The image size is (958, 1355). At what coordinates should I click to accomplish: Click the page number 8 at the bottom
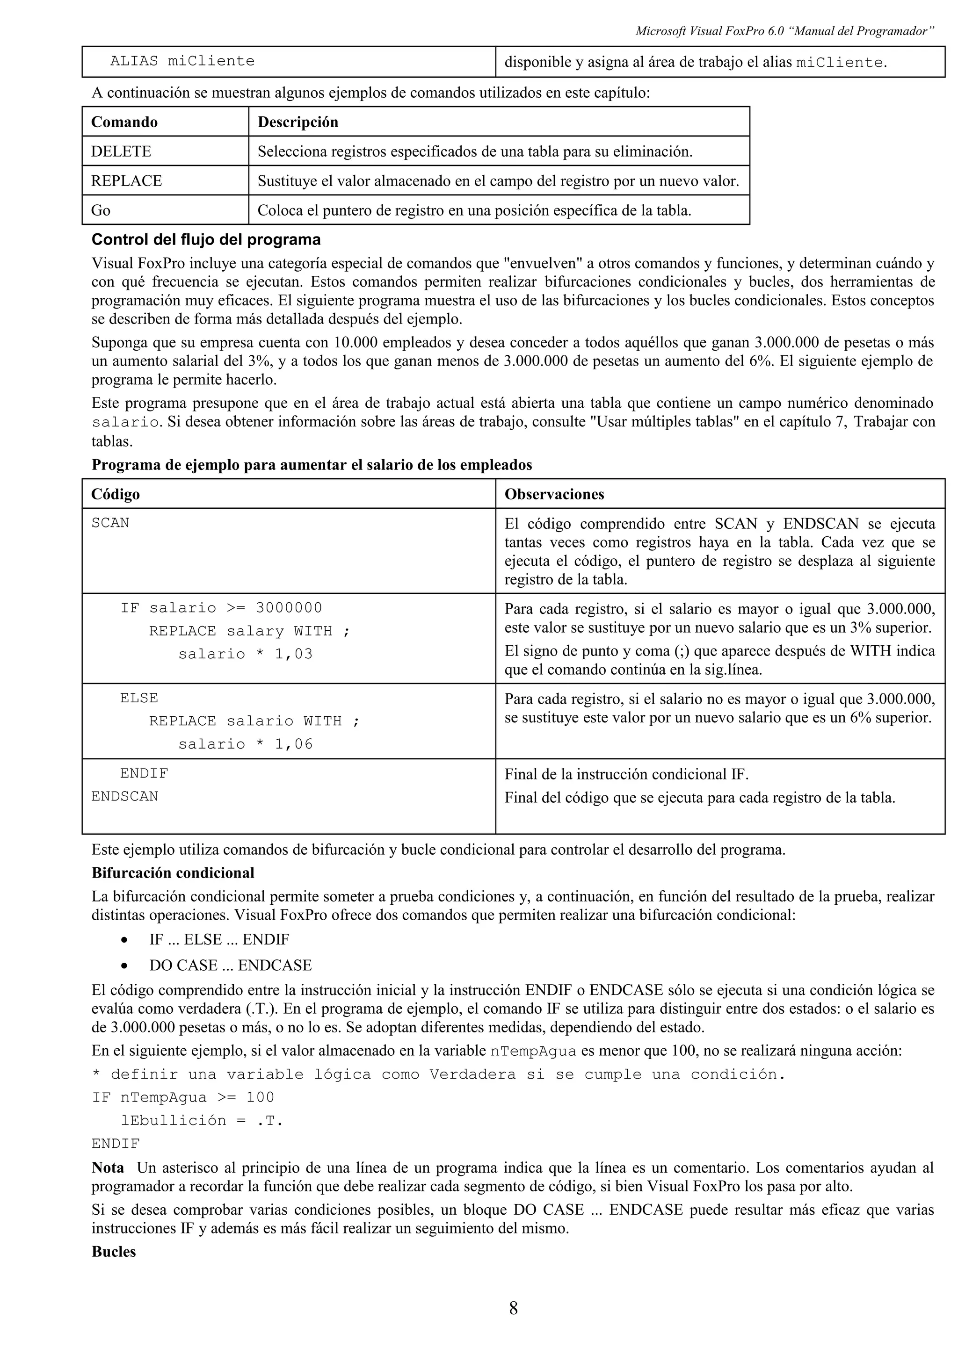coord(513,1308)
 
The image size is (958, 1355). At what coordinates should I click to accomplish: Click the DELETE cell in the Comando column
coord(121,151)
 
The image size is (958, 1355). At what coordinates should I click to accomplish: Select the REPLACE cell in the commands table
coord(126,180)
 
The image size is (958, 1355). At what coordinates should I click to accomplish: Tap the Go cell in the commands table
coord(101,210)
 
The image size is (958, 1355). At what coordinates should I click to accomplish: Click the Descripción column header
coord(298,122)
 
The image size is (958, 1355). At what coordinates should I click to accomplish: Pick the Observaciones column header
coord(554,494)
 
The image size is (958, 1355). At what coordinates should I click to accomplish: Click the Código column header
coord(115,494)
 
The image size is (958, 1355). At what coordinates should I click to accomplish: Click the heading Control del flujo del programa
coord(206,239)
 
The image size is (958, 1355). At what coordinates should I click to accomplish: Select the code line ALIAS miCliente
coord(182,61)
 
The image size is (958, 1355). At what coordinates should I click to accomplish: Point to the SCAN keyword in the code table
coord(110,523)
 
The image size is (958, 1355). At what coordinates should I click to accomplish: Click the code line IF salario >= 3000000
coord(221,608)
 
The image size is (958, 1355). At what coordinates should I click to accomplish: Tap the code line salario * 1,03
coord(245,654)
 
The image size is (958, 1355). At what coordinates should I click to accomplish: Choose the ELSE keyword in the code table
coord(139,698)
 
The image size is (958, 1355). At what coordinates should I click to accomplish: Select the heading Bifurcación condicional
coord(173,873)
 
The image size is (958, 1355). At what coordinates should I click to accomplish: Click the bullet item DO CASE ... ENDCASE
coord(230,965)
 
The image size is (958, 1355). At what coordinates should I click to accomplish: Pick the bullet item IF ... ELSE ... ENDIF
coord(219,939)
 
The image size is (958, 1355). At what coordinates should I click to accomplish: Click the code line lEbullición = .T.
coord(202,1120)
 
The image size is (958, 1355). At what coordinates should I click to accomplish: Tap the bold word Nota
coord(108,1168)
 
